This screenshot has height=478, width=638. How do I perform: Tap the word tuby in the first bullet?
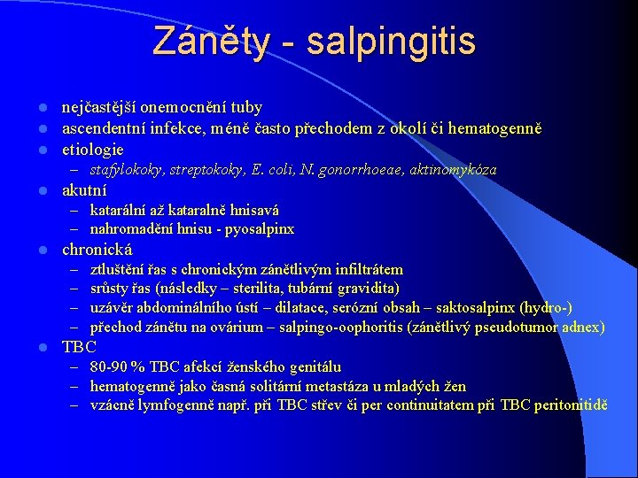[246, 107]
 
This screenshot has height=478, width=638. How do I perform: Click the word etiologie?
[92, 150]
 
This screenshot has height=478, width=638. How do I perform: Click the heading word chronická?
[97, 250]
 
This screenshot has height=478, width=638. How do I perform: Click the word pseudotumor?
[526, 328]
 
